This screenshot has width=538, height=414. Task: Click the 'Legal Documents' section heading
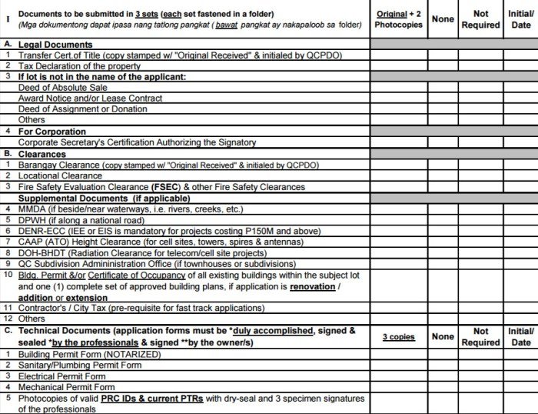(55, 45)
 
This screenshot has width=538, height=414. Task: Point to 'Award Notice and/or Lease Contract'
(90, 98)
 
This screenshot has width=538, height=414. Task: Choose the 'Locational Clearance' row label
(60, 175)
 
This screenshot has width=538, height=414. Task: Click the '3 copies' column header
(399, 337)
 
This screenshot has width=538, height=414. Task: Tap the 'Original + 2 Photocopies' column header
(399, 18)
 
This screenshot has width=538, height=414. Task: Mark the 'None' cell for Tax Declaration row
(443, 66)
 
